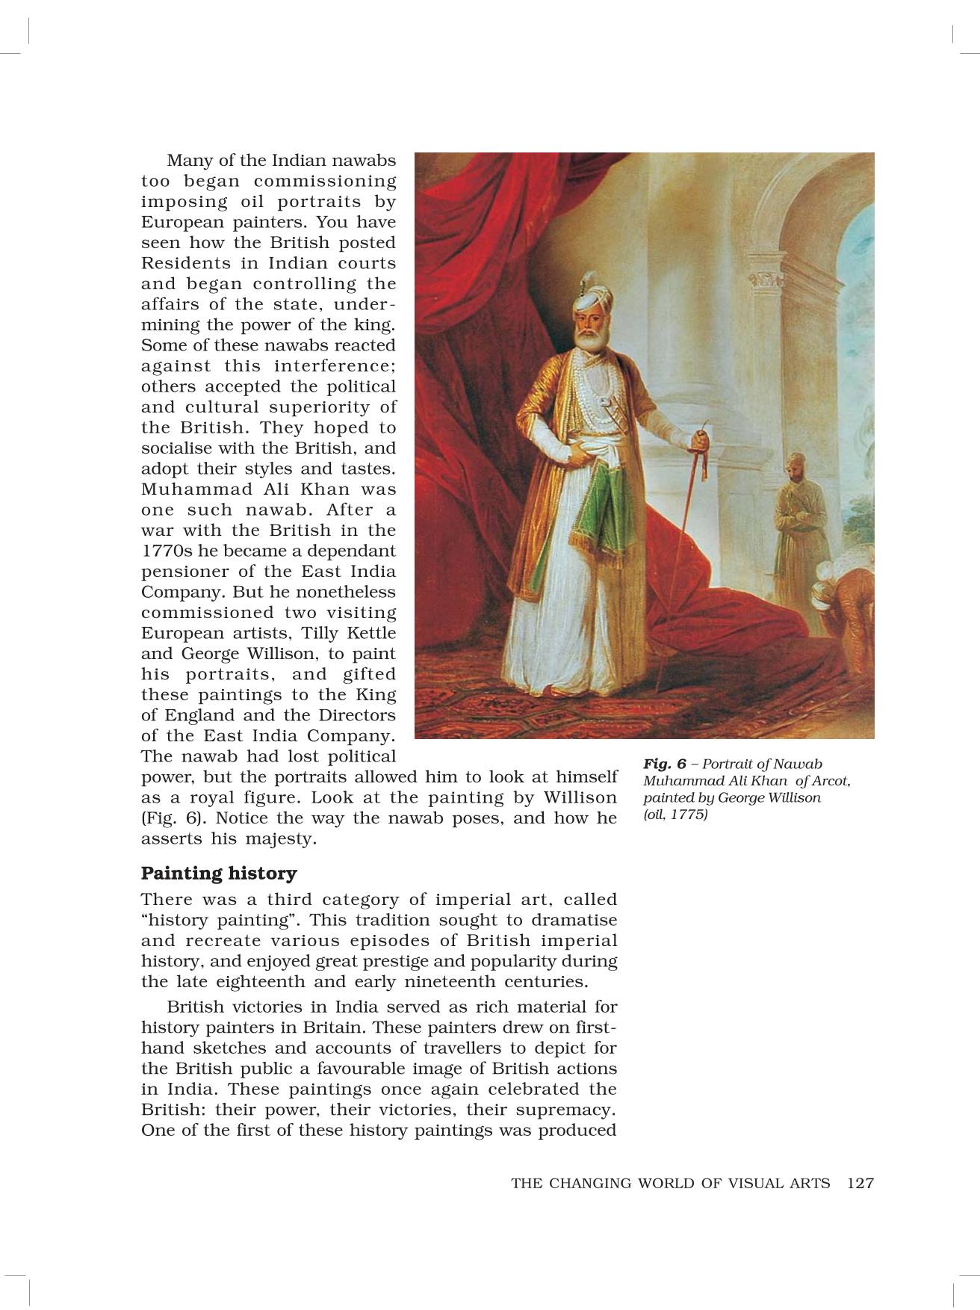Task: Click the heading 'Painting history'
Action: point(219,874)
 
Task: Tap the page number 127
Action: point(860,1183)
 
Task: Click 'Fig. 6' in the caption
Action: point(664,764)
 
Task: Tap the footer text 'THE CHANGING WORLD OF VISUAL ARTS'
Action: point(670,1183)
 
